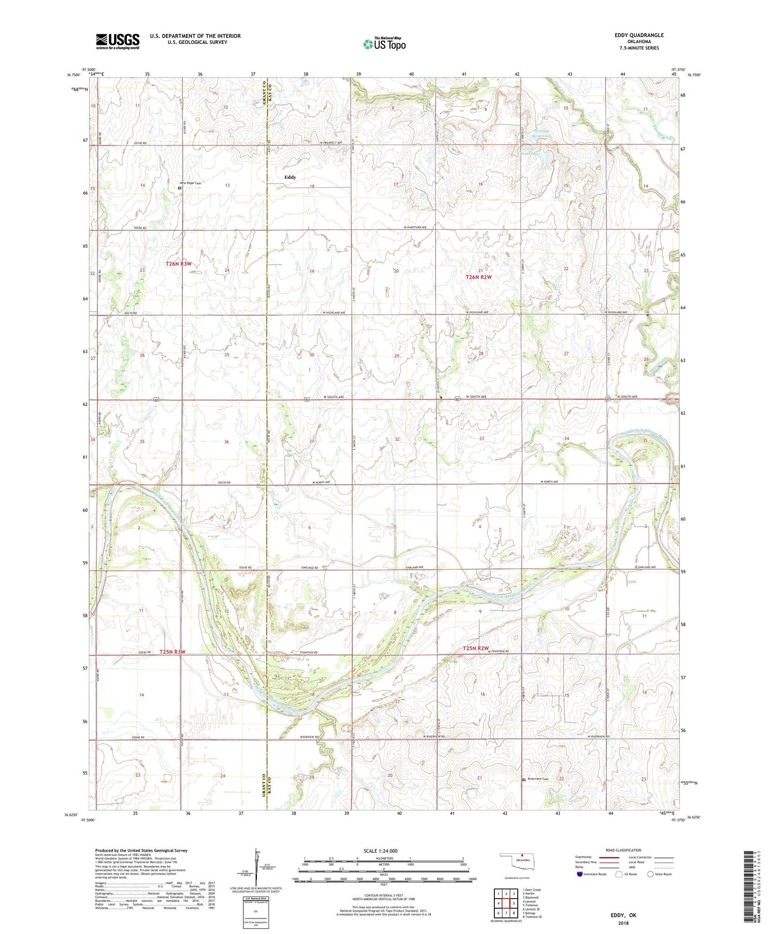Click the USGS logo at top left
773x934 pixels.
tap(118, 41)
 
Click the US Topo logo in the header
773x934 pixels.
tap(384, 44)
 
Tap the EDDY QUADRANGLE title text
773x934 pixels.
tap(639, 35)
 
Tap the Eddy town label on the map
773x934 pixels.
tap(290, 177)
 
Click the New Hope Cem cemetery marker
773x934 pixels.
tap(180, 188)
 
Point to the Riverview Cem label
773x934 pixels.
tap(539, 779)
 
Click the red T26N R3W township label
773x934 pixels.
tap(178, 264)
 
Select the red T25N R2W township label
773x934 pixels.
tap(476, 648)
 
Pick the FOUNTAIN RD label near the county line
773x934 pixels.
tap(309, 653)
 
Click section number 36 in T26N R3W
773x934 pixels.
tap(226, 442)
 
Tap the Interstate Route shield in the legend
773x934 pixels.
tap(580, 874)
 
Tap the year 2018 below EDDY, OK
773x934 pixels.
tap(623, 923)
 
